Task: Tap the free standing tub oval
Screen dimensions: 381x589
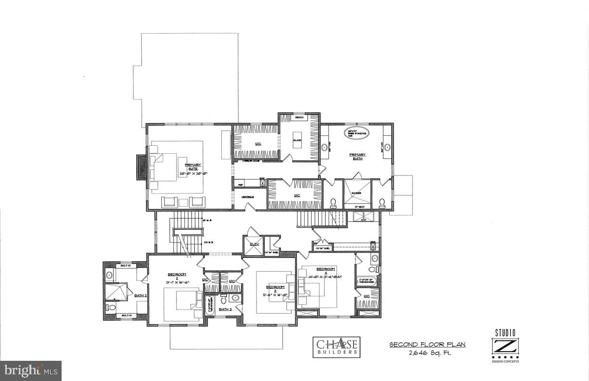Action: point(356,133)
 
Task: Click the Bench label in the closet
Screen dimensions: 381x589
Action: point(298,117)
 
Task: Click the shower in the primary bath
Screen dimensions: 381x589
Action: point(357,193)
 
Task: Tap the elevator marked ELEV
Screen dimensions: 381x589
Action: point(254,244)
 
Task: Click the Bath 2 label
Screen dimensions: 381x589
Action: point(140,295)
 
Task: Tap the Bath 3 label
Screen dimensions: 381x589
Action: point(225,309)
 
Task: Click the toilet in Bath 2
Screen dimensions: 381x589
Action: point(111,307)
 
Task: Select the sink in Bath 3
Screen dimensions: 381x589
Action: point(235,298)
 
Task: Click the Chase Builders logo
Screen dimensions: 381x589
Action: point(336,346)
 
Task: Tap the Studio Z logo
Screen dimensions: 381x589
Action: point(505,345)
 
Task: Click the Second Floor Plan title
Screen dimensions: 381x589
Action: point(427,344)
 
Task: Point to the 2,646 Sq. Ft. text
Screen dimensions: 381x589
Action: point(427,353)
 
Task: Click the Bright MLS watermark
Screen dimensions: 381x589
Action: point(31,370)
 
